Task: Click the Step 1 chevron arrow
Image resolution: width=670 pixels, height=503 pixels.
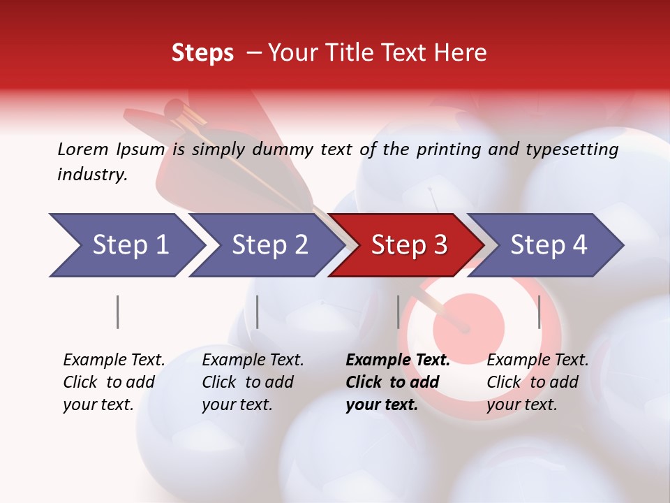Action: point(126,245)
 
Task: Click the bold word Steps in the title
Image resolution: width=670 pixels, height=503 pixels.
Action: point(202,53)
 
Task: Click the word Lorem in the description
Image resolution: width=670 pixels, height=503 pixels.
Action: point(83,149)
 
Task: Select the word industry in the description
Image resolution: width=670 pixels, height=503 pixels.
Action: point(92,175)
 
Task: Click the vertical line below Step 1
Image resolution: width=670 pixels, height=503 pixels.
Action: point(118,312)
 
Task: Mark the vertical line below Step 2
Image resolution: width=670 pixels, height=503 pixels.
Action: point(258,312)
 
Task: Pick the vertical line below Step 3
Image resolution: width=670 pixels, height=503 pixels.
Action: point(398,312)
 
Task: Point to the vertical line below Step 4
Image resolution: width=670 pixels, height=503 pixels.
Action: point(539,312)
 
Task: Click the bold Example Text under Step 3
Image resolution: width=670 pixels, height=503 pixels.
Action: point(398,360)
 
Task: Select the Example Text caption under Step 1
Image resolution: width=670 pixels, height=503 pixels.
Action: point(114,360)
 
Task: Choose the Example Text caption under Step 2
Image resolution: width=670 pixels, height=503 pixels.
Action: point(253,360)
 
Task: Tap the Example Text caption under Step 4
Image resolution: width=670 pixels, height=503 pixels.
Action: point(537,360)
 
